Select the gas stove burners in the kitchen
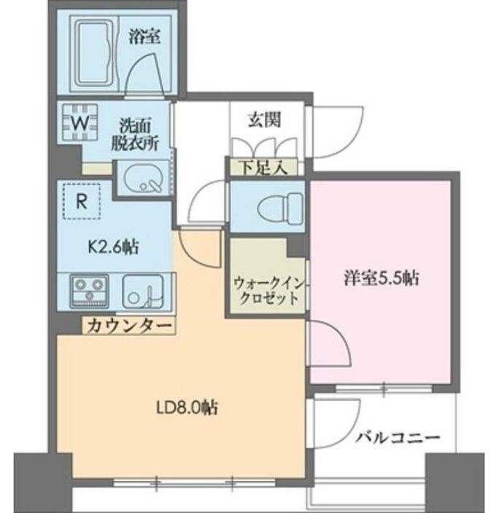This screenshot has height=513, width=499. pos(89,290)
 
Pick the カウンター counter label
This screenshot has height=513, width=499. pos(128,326)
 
